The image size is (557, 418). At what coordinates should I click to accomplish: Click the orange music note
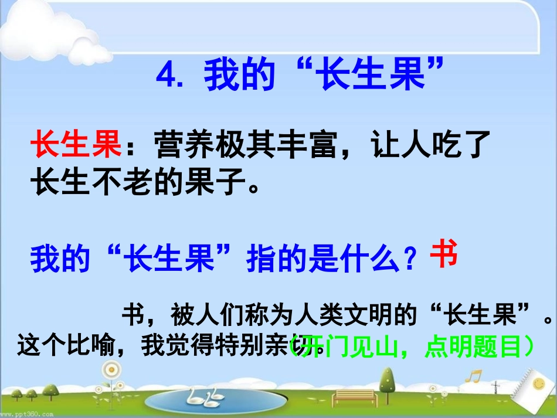point(476,376)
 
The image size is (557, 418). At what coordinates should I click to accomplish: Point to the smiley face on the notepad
point(538,383)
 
